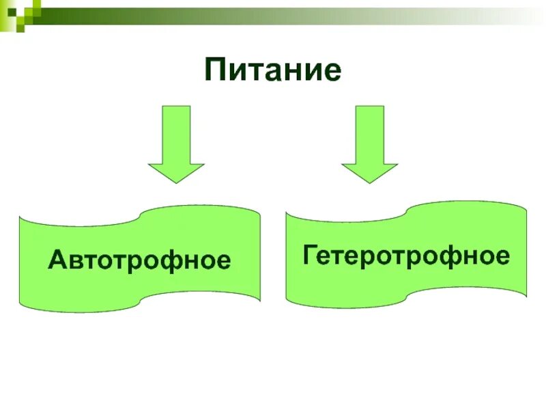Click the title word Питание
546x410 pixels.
point(272,70)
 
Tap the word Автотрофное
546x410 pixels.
point(139,260)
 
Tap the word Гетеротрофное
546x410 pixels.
point(406,256)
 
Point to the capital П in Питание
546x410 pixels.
point(216,70)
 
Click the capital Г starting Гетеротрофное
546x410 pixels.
point(311,256)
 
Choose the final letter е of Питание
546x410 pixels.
point(331,72)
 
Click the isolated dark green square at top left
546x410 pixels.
point(20,26)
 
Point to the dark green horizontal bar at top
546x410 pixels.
point(205,11)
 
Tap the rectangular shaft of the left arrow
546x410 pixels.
point(176,133)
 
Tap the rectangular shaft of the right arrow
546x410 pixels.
point(369,133)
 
